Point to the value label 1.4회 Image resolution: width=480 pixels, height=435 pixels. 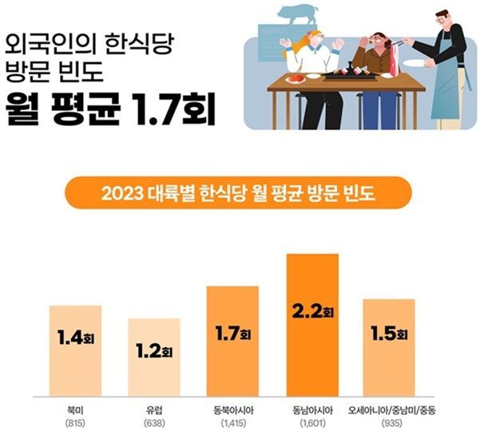[x=75, y=337]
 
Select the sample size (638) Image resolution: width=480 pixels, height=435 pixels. [x=154, y=424]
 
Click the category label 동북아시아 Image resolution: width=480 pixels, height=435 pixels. [x=232, y=410]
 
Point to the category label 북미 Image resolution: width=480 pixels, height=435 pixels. [x=75, y=410]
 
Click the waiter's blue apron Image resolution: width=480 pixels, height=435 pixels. [x=448, y=88]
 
